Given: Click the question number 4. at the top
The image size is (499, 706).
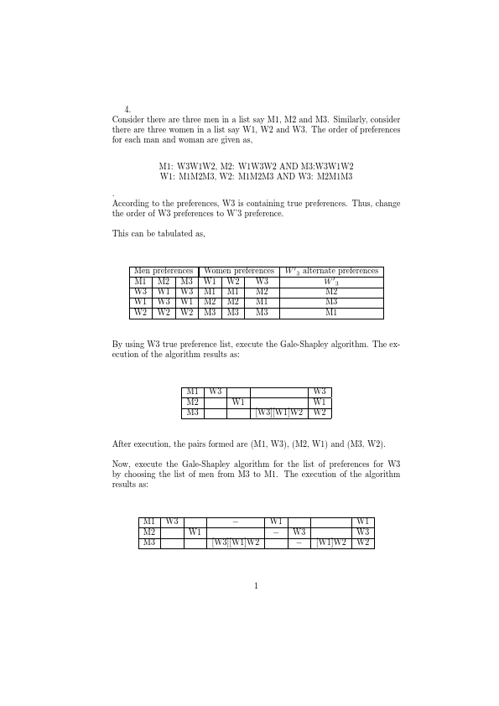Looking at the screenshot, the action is pos(127,109).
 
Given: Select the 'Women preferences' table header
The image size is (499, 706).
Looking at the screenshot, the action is pos(239,271).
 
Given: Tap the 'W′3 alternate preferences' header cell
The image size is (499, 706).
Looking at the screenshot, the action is pos(331,271).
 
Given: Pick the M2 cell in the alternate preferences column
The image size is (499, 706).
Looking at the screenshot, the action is pos(331,292).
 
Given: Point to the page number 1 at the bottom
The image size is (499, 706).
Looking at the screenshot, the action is pos(256,585).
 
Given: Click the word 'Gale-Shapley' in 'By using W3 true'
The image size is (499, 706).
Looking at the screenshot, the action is pos(282,344).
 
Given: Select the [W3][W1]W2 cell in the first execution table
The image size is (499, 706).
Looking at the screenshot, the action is pos(279,413).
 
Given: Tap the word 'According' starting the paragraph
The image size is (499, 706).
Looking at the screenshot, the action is pos(130,203).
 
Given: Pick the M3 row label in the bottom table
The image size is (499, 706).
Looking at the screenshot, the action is pos(149,542).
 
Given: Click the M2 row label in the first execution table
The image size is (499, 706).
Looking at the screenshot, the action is pos(193,402).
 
